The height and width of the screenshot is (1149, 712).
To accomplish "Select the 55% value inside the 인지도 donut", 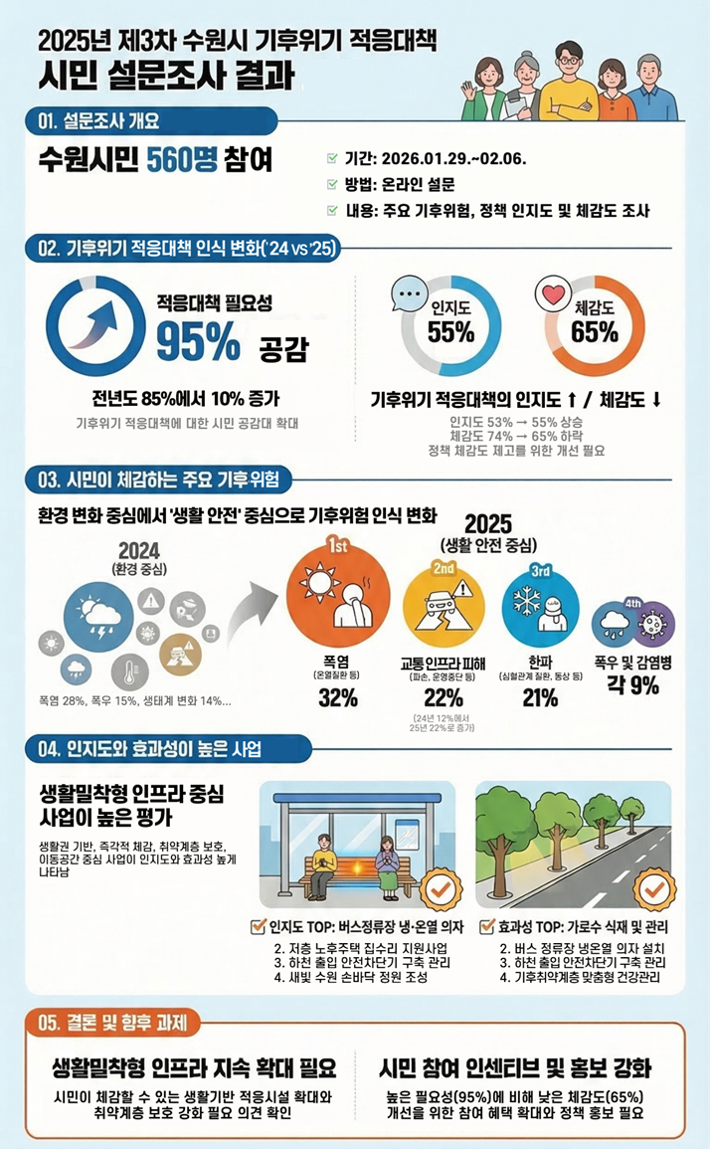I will pyautogui.click(x=450, y=332).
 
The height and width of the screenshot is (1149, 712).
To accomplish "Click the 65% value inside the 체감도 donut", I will pyautogui.click(x=595, y=332).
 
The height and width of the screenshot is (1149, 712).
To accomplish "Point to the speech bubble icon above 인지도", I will pyautogui.click(x=409, y=295).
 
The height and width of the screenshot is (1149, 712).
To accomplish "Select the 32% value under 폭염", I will pyautogui.click(x=338, y=697).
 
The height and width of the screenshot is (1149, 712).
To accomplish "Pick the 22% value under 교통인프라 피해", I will pyautogui.click(x=444, y=697).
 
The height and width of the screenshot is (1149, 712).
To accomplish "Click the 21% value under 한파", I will pyautogui.click(x=540, y=697).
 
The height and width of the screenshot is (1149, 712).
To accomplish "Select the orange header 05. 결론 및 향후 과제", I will pyautogui.click(x=118, y=1022).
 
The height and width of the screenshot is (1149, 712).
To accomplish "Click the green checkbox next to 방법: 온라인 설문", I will pyautogui.click(x=332, y=184).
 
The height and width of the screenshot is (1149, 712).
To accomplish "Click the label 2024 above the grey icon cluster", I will pyautogui.click(x=138, y=550).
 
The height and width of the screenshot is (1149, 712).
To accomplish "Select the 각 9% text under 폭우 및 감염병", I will pyautogui.click(x=633, y=685).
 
